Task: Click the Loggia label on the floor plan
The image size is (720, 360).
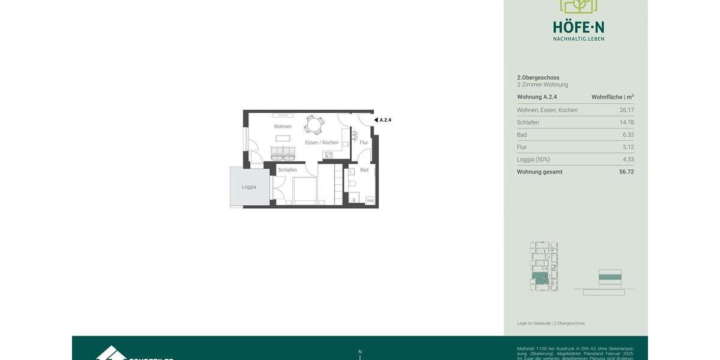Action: click(x=249, y=187)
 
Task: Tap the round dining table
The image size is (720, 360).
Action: click(x=313, y=125)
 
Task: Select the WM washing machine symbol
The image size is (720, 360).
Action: click(x=370, y=200)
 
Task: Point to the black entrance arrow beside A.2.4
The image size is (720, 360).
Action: click(x=376, y=120)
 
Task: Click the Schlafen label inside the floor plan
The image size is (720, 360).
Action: click(x=287, y=170)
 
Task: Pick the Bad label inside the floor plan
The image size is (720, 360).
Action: click(x=364, y=170)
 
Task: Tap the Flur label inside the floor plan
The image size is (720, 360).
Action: click(x=364, y=143)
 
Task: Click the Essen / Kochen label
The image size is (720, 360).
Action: click(x=322, y=143)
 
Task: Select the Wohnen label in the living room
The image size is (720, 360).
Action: click(x=283, y=127)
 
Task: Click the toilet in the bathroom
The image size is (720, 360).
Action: click(x=352, y=184)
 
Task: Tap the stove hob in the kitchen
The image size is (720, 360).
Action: click(x=328, y=155)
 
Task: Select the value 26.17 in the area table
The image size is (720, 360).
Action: click(x=626, y=110)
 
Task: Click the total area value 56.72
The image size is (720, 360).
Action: click(x=626, y=172)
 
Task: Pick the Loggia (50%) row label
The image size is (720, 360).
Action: click(x=533, y=160)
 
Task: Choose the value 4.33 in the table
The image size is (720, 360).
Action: click(x=628, y=160)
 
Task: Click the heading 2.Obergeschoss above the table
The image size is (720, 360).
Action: click(x=538, y=77)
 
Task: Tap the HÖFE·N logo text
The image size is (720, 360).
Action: click(x=578, y=28)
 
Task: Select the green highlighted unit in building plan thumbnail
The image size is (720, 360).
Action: click(x=540, y=278)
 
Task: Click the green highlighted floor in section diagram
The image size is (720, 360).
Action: click(x=610, y=277)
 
